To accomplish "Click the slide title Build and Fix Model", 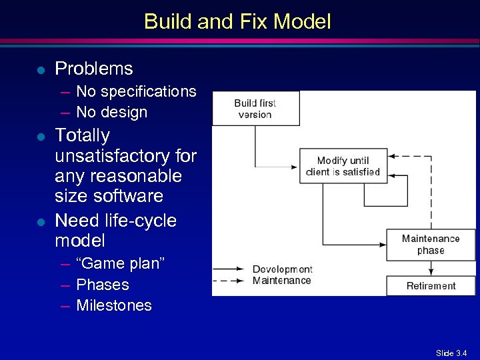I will point(237,21).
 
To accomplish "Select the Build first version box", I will point(255,109).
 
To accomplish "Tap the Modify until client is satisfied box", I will point(343,166).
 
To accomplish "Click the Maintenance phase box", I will point(431,245).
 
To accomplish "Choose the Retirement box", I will point(431,286).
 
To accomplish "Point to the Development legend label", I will point(282,269).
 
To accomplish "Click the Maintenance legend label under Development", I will point(281,280).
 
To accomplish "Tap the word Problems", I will point(94,69).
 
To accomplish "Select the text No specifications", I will point(136,91).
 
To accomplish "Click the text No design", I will point(111,112).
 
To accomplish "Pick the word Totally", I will point(82,135).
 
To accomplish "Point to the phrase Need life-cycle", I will point(115,220).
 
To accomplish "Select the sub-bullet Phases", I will point(103,285).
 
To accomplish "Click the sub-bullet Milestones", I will point(114,305).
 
